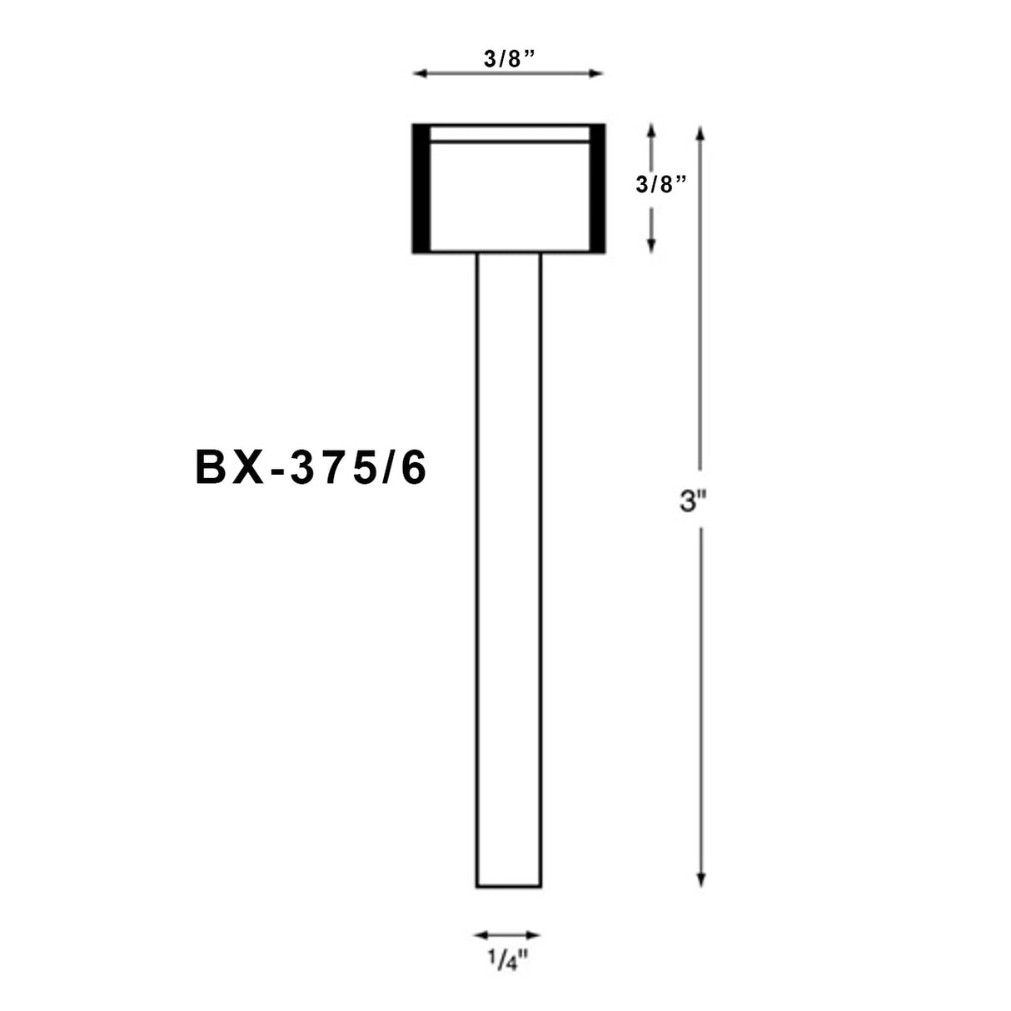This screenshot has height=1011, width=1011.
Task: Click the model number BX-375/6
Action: pos(311,469)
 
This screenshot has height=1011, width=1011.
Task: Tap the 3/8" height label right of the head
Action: pos(660,185)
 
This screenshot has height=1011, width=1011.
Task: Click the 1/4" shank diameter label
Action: pos(508,961)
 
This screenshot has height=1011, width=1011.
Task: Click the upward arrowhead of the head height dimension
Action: pos(651,130)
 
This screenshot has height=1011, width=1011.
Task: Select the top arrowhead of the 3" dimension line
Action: pos(701,132)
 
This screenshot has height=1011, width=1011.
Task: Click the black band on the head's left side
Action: pos(421,188)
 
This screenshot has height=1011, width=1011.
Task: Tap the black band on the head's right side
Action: pos(597,188)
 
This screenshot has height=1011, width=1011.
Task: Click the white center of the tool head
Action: pos(508,196)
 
